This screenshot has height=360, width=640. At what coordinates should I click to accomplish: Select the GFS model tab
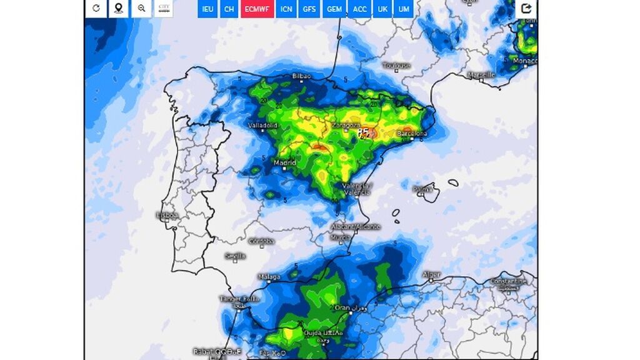coord(309,9)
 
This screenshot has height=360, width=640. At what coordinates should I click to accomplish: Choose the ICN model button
coord(286,9)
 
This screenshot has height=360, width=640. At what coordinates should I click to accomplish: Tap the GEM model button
coord(334,9)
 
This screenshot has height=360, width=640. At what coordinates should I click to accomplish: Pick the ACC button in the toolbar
coord(360,9)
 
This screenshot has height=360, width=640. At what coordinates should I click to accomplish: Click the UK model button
coord(382,9)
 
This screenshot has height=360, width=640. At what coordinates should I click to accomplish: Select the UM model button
coord(404,9)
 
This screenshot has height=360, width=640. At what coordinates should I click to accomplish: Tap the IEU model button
coord(208,9)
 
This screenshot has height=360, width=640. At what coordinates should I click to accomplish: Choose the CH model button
coord(229,9)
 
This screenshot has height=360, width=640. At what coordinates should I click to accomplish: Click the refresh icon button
coord(96,8)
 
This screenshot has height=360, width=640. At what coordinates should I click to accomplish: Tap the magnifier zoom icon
coord(142,8)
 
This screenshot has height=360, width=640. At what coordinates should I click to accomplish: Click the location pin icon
coord(119,8)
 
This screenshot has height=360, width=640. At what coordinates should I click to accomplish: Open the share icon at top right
coord(526,8)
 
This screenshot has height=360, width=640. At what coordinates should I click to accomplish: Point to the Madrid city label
coord(284,163)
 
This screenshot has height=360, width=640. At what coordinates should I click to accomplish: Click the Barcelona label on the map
coord(412,134)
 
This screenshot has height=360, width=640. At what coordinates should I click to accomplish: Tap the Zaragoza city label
coord(346,125)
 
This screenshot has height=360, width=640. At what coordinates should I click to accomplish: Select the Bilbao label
coord(301,76)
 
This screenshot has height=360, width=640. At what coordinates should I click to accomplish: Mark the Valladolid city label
coord(262,126)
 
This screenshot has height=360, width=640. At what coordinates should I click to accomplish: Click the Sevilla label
coord(235,256)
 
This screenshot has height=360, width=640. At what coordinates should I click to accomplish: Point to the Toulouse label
coord(397,66)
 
